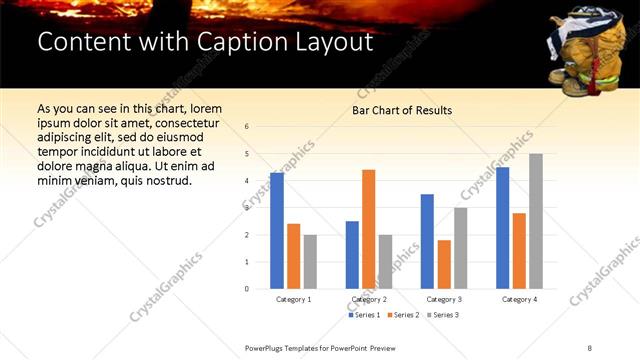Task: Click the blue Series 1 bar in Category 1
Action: [x=277, y=231]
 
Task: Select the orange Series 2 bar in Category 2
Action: [x=368, y=229]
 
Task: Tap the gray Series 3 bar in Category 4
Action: [x=536, y=221]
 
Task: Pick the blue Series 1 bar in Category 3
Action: [x=427, y=241]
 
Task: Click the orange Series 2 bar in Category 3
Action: [x=444, y=264]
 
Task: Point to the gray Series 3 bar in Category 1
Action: [x=310, y=261]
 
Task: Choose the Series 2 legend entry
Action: [x=402, y=315]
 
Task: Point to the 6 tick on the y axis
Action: [x=247, y=127]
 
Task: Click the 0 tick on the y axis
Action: [x=247, y=289]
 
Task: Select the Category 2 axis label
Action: [x=368, y=299]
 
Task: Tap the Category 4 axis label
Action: [x=519, y=299]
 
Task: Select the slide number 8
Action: [x=590, y=347]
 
